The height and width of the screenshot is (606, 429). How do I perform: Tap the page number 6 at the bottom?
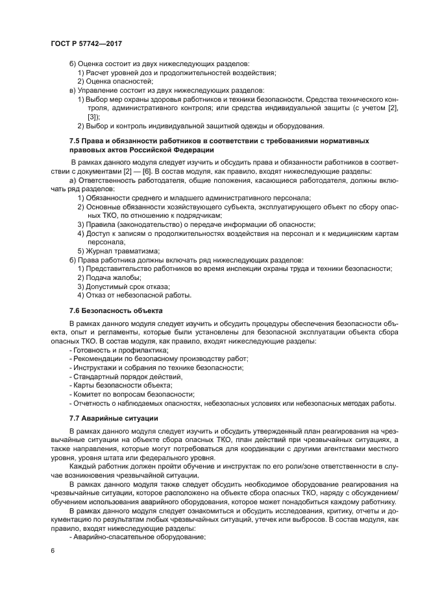click(x=53, y=550)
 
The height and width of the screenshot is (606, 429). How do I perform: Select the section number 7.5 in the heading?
click(x=75, y=141)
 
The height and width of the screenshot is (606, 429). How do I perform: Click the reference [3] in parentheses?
click(x=93, y=117)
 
